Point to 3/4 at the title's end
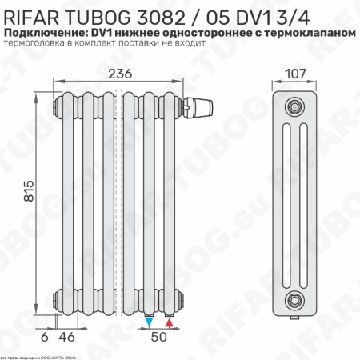[x=337, y=13]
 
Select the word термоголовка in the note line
[x=36, y=44]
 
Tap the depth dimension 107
[x=297, y=74]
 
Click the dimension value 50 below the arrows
[x=159, y=338]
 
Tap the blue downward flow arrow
[x=150, y=322]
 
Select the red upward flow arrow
[x=169, y=322]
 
